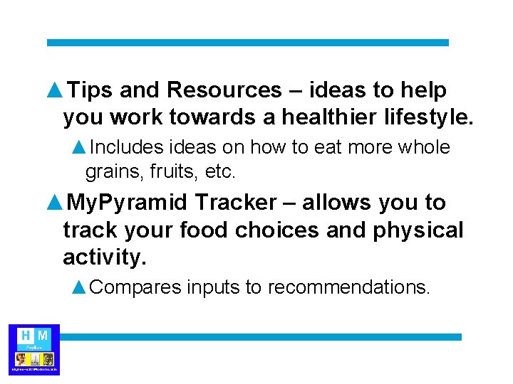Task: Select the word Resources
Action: coord(224,90)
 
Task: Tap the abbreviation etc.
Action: coord(221,171)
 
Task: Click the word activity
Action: coord(104,257)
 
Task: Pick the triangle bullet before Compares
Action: coord(80,287)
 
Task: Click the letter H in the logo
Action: coord(26,335)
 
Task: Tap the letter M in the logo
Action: coord(43,335)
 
